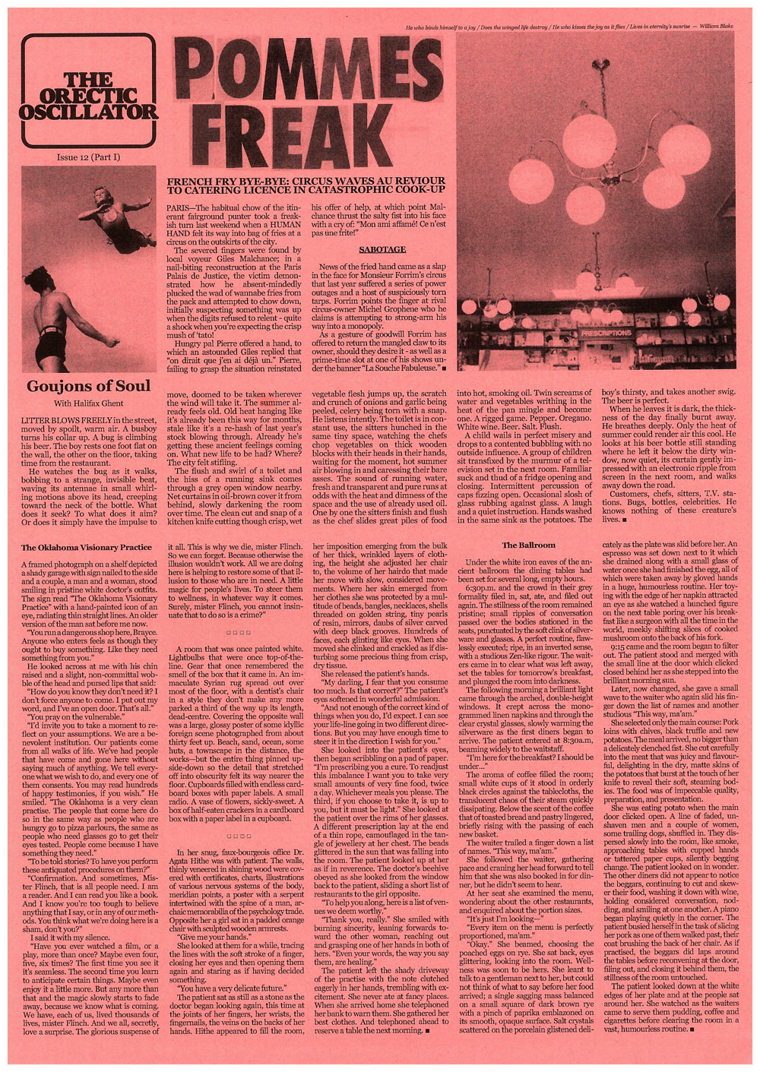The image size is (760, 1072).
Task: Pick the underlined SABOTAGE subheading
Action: (382, 248)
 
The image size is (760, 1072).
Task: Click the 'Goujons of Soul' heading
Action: (88, 385)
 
